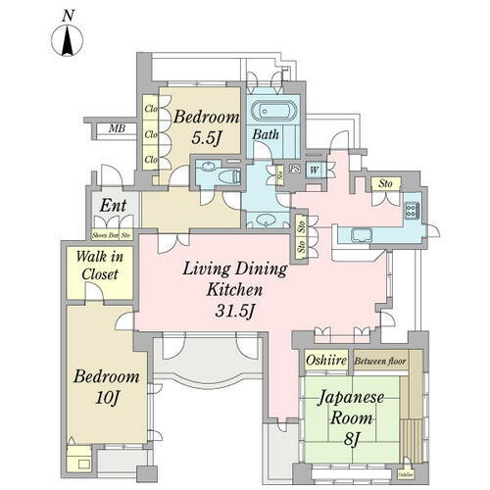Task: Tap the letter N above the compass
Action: click(67, 15)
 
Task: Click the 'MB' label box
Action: click(117, 128)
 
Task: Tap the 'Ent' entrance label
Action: click(112, 206)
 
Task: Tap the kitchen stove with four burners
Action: click(410, 212)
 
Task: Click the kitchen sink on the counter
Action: click(360, 234)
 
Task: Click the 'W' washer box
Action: click(315, 169)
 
